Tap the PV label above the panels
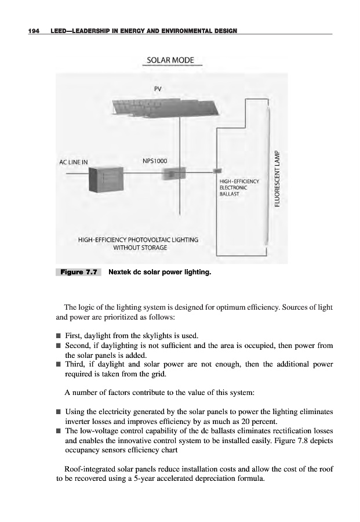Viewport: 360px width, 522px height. [158, 89]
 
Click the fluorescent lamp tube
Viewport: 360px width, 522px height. [268, 174]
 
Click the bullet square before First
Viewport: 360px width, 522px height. [59, 336]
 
